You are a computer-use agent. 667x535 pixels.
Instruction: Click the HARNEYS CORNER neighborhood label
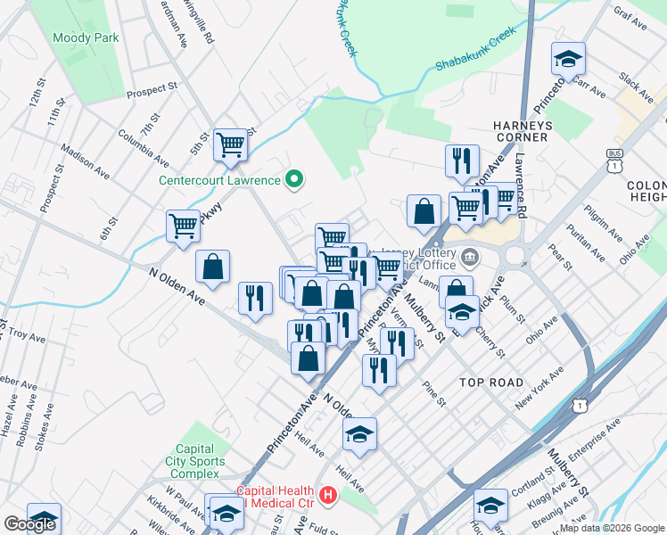pyautogui.click(x=521, y=131)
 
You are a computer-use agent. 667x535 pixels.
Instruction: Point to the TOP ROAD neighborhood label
pyautogui.click(x=491, y=382)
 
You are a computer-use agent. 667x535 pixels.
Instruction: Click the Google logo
pyautogui.click(x=29, y=524)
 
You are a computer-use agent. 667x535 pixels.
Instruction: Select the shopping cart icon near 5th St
pyautogui.click(x=230, y=144)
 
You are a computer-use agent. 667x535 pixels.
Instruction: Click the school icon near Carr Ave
pyautogui.click(x=568, y=59)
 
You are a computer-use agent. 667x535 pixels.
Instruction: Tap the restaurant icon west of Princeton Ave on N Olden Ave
pyautogui.click(x=255, y=299)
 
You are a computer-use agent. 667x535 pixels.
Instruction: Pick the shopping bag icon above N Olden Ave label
pyautogui.click(x=213, y=267)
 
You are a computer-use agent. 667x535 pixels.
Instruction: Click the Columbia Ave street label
pyautogui.click(x=144, y=148)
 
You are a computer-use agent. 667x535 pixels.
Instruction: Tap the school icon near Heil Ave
pyautogui.click(x=359, y=434)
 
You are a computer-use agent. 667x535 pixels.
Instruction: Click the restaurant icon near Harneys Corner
pyautogui.click(x=462, y=160)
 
